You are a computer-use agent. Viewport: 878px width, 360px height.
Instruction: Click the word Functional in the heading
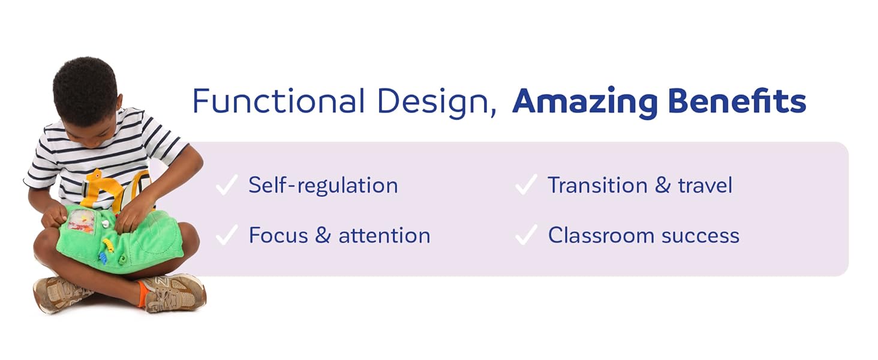click(278, 101)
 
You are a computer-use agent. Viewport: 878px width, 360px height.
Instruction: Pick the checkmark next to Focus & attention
click(227, 236)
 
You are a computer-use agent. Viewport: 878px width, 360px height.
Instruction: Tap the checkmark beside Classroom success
click(526, 236)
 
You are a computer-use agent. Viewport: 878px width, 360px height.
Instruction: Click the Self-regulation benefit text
click(323, 185)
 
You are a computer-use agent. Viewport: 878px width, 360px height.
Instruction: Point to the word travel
click(705, 185)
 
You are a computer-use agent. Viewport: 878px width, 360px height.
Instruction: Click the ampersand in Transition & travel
click(662, 185)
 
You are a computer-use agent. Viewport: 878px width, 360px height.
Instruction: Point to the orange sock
click(142, 294)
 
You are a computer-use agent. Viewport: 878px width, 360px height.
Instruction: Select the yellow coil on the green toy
click(108, 244)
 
